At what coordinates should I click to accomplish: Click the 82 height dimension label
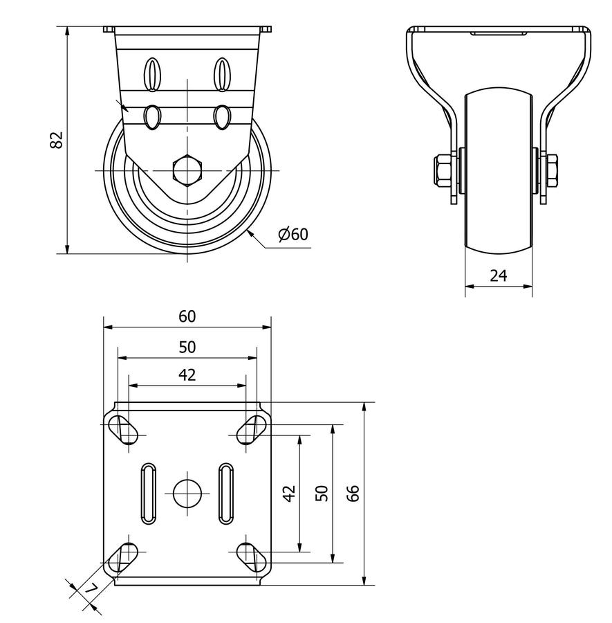(57, 139)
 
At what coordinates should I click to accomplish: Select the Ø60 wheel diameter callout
(293, 235)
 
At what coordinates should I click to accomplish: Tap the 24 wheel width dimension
(498, 276)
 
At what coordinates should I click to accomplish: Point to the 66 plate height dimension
(353, 493)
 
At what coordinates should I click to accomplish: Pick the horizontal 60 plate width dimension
(187, 316)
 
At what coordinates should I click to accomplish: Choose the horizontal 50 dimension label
(187, 346)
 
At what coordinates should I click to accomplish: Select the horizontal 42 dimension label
(187, 375)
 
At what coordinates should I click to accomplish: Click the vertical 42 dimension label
(290, 493)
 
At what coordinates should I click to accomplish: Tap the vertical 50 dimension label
(322, 493)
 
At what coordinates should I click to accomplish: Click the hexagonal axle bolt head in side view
(187, 170)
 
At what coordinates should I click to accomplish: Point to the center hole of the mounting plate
(187, 493)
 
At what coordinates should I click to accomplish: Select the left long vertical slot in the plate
(149, 493)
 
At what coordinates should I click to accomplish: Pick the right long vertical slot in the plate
(225, 493)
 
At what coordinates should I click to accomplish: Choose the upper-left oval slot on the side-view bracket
(152, 73)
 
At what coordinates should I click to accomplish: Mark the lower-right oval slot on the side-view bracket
(221, 117)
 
